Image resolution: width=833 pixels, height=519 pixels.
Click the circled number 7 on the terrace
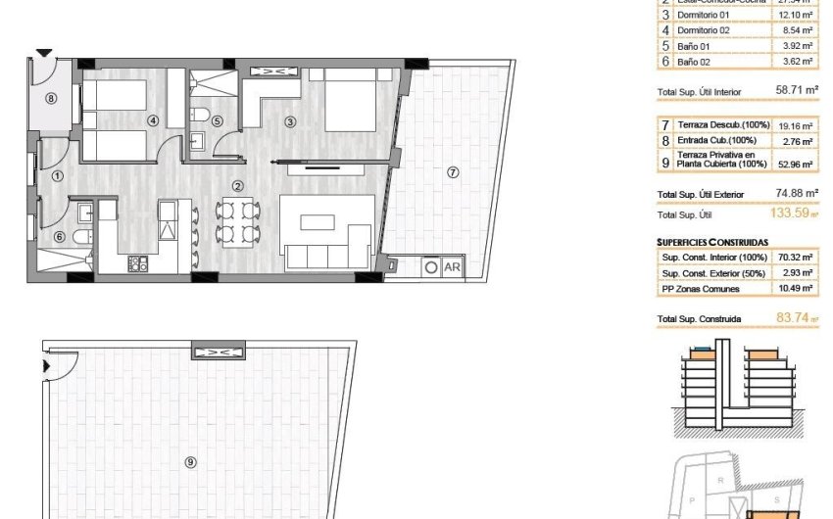452,171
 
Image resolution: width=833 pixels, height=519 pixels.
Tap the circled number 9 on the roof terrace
190,461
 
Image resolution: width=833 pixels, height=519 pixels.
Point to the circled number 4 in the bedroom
152,121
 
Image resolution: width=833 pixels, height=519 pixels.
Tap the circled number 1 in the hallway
57,176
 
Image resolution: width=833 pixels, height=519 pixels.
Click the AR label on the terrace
453,265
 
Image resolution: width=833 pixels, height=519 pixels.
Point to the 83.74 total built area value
790,318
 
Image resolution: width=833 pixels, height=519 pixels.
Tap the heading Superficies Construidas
712,241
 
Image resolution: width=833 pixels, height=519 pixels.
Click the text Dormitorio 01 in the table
705,15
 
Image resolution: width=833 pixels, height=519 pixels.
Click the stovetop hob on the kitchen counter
138,262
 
